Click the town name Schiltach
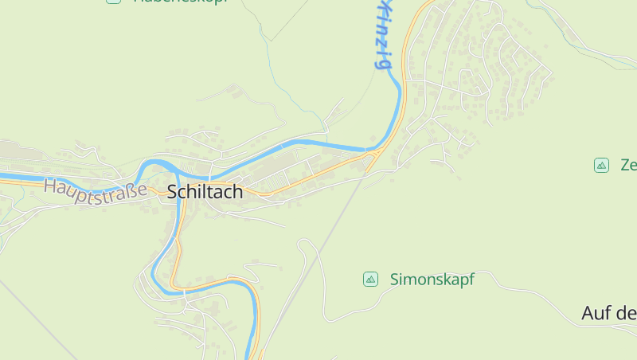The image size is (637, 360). pos(205,191)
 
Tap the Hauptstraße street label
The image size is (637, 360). pos(96,189)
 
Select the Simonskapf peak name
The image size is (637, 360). pos(432,280)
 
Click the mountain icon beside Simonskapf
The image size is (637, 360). pos(370,279)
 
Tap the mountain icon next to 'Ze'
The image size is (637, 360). pos(602,165)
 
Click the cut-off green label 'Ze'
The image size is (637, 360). pos(628,166)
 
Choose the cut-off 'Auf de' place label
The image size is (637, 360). pos(609,313)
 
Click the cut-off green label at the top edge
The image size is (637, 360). pos(179,2)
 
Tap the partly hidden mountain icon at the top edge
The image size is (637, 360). pos(114,2)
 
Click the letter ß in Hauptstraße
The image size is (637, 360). pos(132,190)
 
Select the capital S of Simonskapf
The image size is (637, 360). pos(395,280)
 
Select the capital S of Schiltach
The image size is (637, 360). pos(172,191)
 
